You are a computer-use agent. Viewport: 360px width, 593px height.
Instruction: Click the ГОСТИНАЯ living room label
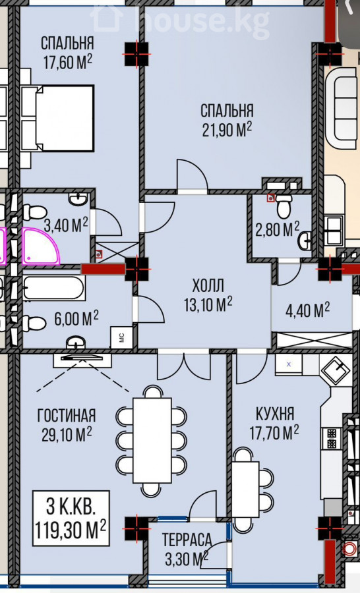66,416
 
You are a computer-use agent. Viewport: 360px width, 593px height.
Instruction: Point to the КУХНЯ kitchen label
275,414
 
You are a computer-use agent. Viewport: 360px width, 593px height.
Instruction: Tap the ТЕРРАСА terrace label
187,540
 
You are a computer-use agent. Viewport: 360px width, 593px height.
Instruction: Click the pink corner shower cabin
40,246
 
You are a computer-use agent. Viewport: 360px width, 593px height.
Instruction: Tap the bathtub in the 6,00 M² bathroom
53,288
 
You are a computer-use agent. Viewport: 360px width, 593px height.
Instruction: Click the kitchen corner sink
336,370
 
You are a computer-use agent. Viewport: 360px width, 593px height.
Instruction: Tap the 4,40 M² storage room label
307,310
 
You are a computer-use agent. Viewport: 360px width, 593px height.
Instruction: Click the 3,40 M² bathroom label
66,226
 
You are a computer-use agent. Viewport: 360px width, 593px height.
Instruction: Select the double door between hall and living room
183,366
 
